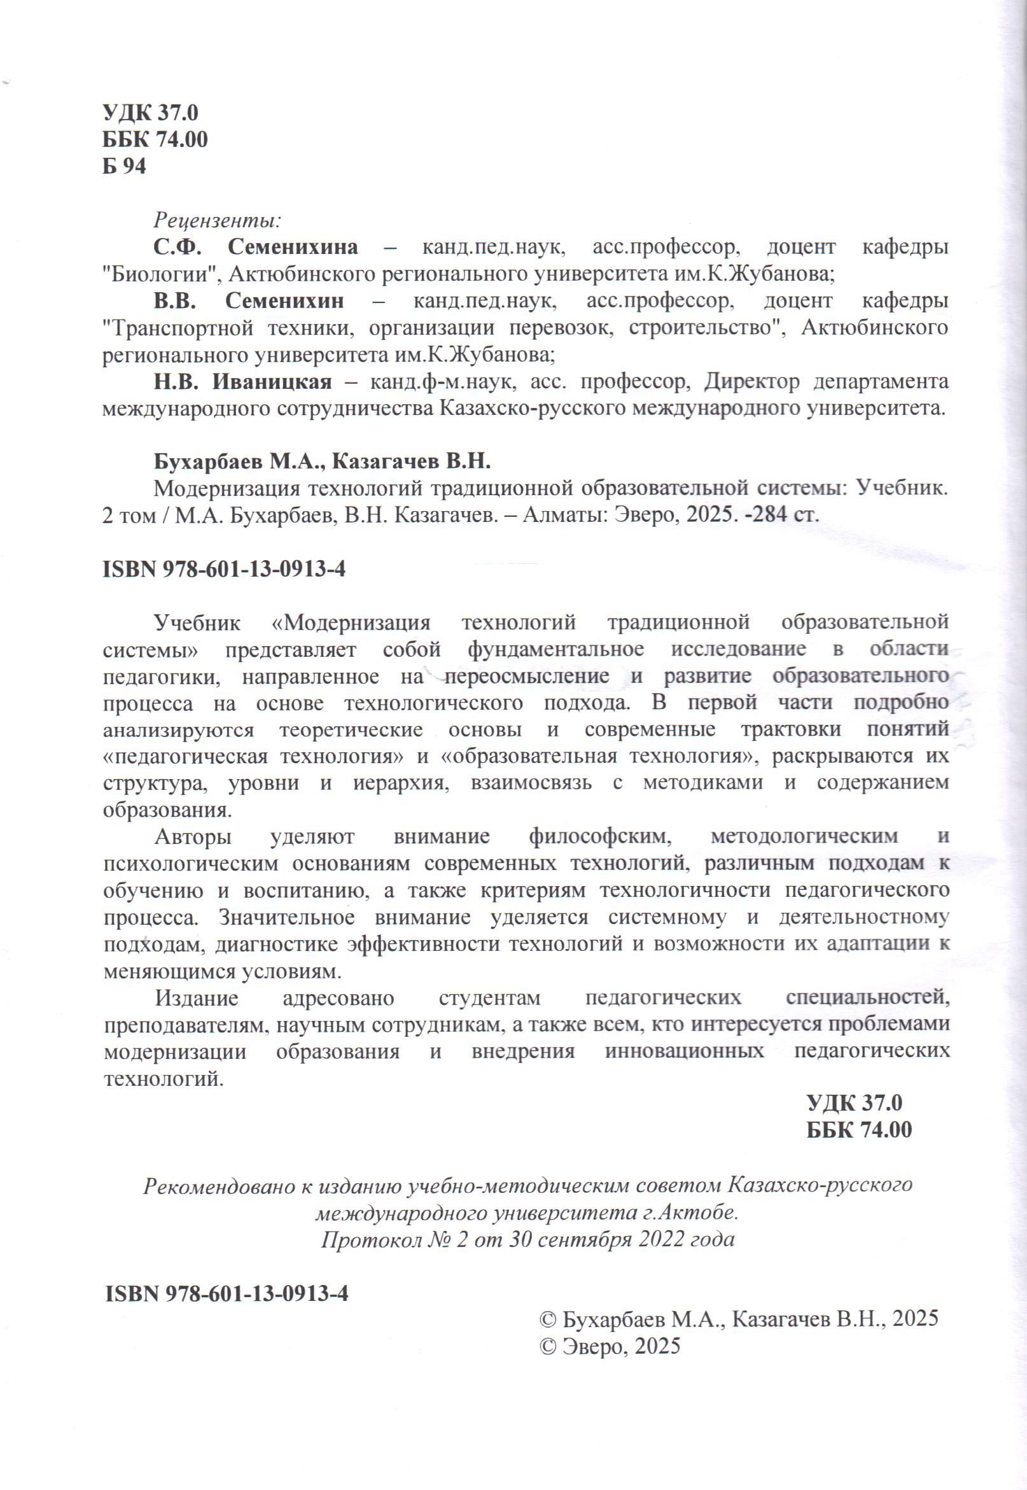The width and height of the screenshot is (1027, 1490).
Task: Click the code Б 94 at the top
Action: click(x=124, y=167)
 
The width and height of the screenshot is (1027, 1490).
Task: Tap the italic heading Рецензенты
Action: click(x=217, y=220)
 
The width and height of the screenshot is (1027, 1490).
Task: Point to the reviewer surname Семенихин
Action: click(x=284, y=301)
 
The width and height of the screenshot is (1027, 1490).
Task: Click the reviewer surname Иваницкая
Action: click(x=272, y=383)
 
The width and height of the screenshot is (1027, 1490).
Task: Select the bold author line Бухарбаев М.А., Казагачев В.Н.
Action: click(x=322, y=461)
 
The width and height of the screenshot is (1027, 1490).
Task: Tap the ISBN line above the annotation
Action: click(x=224, y=570)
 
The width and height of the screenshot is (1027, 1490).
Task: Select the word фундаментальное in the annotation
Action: click(x=555, y=649)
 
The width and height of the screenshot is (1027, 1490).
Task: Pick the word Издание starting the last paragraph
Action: click(x=196, y=998)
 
